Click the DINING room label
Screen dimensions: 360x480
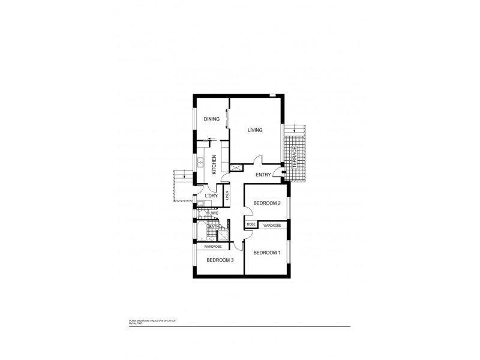(211, 119)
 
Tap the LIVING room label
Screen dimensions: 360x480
(256, 130)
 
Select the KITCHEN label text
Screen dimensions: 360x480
(214, 164)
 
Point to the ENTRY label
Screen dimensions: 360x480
(263, 175)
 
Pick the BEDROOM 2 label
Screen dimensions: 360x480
(266, 203)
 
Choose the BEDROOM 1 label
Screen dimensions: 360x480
(266, 253)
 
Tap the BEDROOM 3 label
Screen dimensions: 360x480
(219, 260)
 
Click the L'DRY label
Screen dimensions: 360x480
(211, 196)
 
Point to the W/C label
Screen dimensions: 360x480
(214, 213)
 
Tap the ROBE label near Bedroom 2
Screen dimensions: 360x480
(251, 225)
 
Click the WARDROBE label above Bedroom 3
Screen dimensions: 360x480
(213, 247)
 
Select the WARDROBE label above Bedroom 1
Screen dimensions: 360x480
(272, 225)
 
